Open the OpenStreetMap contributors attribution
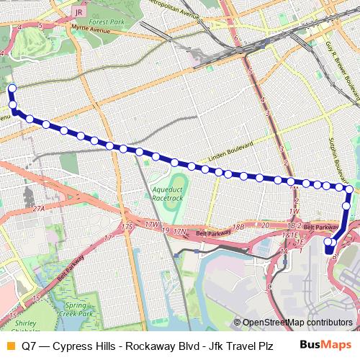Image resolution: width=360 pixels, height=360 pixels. (297, 323)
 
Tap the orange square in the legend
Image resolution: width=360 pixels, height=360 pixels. (9, 345)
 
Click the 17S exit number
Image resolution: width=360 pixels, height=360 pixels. (127, 227)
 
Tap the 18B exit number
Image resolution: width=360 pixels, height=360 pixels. (239, 227)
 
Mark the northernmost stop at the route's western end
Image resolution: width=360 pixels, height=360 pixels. (11, 89)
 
